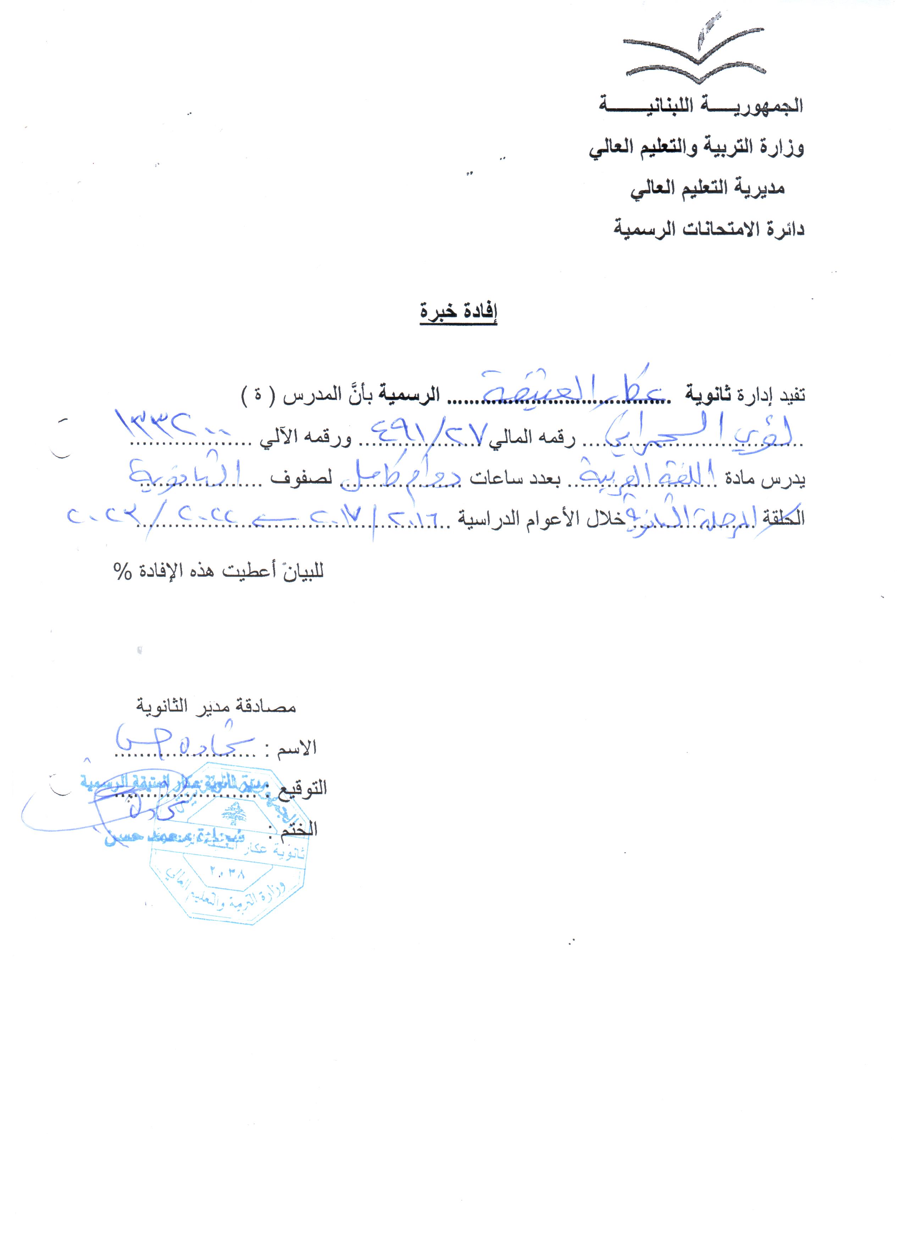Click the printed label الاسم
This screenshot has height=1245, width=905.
[x=296, y=748]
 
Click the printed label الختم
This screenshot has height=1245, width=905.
[x=299, y=829]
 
